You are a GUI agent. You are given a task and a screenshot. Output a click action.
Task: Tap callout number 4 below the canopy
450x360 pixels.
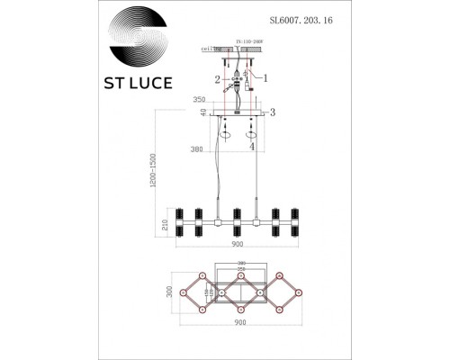(251, 146)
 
